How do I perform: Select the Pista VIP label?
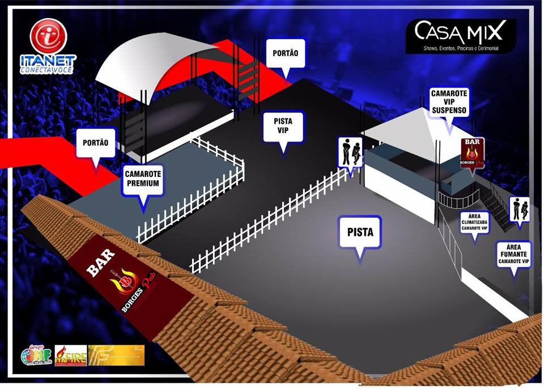[283, 128]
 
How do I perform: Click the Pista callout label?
[360, 232]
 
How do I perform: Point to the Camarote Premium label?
[142, 179]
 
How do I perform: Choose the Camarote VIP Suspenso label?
[449, 102]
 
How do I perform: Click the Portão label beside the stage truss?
[286, 54]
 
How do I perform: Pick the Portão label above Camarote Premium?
[95, 144]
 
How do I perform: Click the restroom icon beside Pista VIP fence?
[350, 151]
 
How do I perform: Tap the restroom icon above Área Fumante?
[519, 209]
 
